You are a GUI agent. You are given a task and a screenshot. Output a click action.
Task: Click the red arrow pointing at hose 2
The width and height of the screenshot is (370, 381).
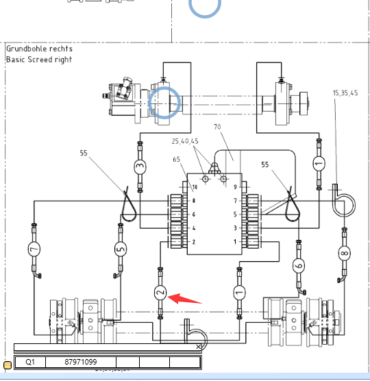point(184,299)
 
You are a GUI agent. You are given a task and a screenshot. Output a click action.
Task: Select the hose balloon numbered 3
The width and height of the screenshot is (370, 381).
point(140,167)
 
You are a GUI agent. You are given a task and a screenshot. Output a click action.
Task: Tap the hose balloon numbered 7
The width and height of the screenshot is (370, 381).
point(34,249)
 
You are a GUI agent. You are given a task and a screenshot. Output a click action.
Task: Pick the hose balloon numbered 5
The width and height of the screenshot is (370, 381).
point(121,249)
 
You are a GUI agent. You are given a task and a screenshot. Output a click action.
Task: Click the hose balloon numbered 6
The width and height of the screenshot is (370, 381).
point(299,265)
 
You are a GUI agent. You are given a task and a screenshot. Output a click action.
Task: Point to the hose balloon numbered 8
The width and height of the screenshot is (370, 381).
point(344,253)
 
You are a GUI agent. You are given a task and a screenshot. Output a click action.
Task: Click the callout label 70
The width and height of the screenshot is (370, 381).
point(217,127)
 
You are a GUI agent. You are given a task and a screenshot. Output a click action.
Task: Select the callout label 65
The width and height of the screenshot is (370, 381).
point(177,160)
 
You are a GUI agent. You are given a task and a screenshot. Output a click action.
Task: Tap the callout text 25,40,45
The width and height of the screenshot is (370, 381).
point(185,141)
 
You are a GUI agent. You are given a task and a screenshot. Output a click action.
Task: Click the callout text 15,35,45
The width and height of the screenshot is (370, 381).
point(345,93)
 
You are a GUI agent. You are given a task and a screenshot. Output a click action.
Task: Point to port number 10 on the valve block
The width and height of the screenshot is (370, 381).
point(195,187)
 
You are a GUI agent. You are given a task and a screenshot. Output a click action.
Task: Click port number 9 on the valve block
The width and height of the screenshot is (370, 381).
point(235,187)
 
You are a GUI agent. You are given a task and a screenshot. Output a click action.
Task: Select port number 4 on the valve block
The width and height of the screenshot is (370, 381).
point(194,228)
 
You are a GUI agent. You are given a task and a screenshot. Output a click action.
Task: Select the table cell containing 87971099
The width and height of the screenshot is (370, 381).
point(81,362)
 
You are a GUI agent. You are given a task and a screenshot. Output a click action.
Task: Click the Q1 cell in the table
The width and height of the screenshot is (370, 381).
point(30,362)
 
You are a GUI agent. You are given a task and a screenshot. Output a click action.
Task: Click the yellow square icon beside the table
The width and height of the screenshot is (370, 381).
point(8,365)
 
